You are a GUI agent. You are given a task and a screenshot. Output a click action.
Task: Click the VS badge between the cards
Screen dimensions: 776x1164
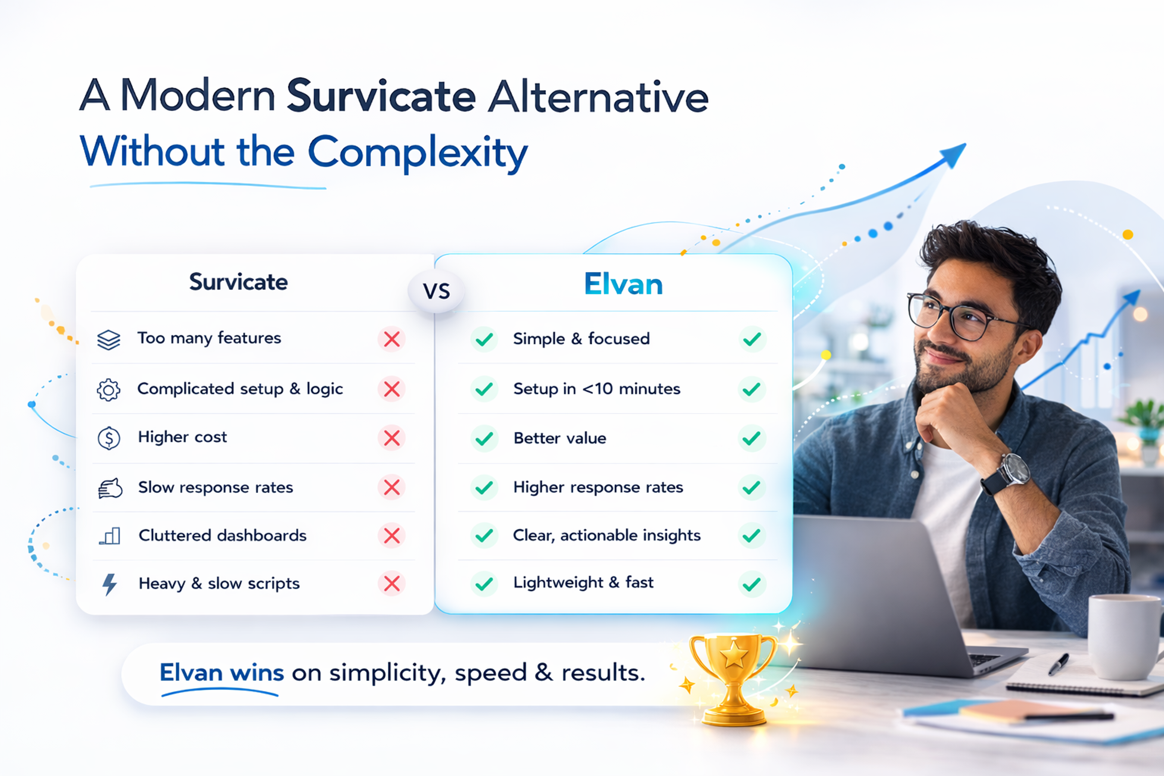(x=436, y=291)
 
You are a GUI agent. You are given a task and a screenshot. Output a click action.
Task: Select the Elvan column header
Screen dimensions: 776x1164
(x=623, y=284)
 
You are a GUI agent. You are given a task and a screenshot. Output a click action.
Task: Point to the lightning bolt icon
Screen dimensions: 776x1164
(x=109, y=584)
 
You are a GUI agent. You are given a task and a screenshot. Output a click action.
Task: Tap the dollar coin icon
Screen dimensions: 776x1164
(x=109, y=438)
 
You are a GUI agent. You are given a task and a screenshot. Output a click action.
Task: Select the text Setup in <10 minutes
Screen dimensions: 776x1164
(x=596, y=389)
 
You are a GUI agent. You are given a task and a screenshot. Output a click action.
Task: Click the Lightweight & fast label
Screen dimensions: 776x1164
(x=583, y=583)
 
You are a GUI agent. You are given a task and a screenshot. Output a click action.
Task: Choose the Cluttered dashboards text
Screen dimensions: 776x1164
(x=222, y=536)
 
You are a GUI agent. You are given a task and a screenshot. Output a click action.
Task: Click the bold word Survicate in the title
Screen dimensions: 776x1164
(x=381, y=96)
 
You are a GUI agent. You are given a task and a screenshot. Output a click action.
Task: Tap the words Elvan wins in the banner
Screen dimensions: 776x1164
(x=221, y=673)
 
